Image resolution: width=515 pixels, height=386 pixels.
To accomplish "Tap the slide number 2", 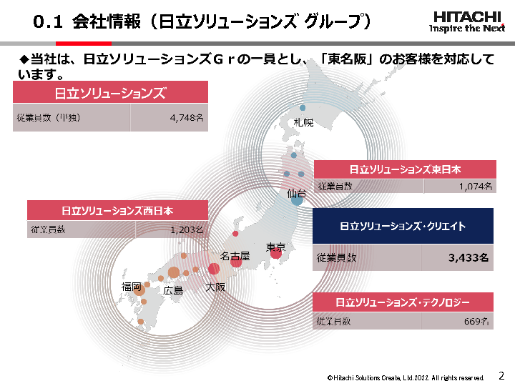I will (501, 375).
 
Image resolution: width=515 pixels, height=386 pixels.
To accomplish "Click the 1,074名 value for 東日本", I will (476, 187).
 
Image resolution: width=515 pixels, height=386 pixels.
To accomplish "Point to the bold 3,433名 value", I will (469, 258).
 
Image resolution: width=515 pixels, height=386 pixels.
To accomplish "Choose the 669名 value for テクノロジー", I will (479, 322).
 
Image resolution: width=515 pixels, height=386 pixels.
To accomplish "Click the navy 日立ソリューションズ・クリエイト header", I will (403, 226).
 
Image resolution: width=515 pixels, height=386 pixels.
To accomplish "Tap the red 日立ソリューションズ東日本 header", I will (405, 169).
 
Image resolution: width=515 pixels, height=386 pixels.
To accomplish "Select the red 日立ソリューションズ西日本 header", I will (117, 210).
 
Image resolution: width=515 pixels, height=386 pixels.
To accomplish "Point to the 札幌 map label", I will (303, 122).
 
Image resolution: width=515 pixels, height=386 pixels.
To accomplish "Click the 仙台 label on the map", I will (296, 193).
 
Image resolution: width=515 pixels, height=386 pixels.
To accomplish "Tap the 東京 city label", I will (275, 247).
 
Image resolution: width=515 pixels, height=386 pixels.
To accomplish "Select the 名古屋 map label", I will (235, 255).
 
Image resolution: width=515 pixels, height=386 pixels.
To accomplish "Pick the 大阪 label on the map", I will (215, 287).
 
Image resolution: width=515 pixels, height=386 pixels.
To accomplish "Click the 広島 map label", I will (173, 290).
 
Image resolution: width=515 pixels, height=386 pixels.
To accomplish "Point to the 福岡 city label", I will (131, 286).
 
